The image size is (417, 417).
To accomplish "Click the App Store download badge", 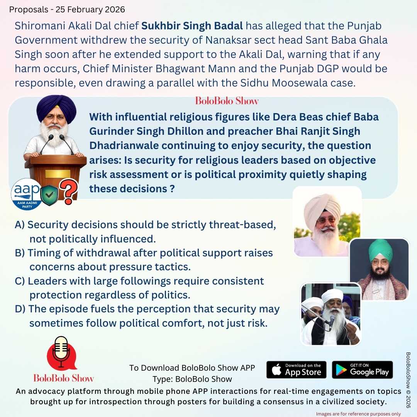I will (x=296, y=370).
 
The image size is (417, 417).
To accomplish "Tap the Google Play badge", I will (x=362, y=370).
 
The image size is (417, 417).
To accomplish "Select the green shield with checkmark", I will (x=49, y=195).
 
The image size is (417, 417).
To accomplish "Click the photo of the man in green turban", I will (x=379, y=269).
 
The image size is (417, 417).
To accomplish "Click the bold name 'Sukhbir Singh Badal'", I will (x=192, y=26).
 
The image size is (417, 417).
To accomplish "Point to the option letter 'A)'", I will (x=20, y=225).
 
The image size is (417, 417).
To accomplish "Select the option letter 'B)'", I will (x=20, y=253).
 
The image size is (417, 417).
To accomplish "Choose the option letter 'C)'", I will (x=20, y=281).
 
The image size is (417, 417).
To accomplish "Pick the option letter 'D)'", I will (x=20, y=309).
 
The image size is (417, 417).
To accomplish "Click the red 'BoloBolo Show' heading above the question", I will (x=227, y=101).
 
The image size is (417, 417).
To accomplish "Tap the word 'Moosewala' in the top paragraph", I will (x=310, y=83).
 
